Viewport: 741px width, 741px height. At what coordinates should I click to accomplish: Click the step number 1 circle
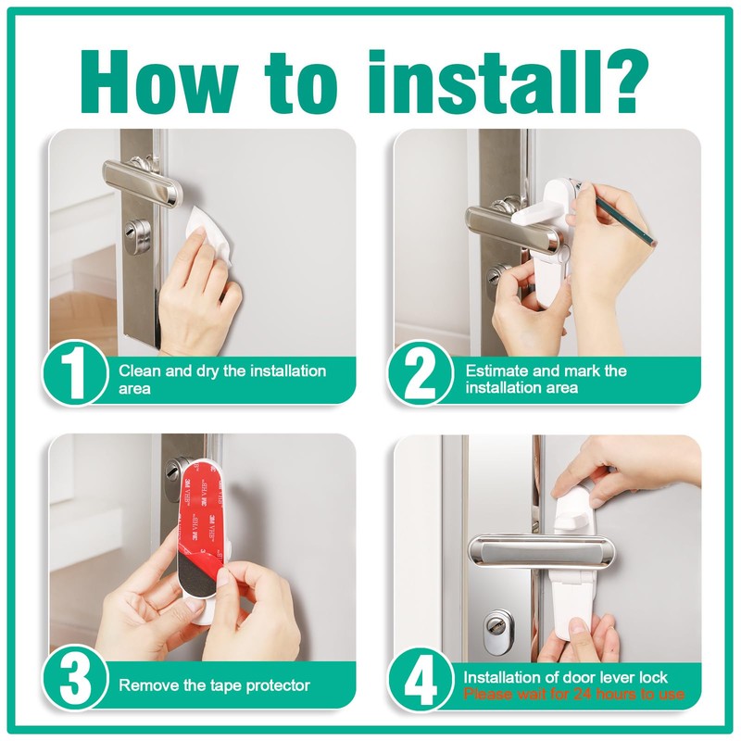75,373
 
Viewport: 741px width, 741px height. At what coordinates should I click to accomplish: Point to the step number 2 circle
420,373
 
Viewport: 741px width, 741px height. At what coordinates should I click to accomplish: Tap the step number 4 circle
420,678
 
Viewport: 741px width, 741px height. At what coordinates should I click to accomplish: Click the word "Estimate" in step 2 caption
496,370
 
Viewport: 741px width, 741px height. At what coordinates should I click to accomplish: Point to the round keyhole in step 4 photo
496,626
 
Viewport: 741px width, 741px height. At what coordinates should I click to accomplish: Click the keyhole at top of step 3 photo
172,471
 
